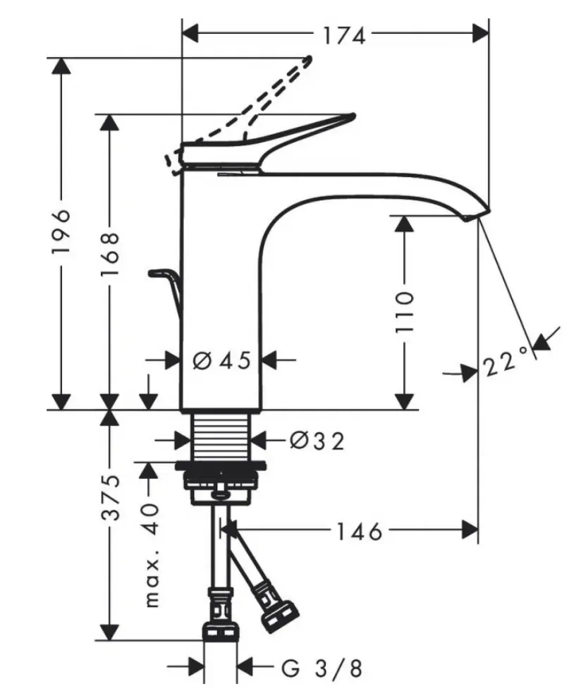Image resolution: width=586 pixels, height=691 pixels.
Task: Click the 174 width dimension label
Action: [x=344, y=35]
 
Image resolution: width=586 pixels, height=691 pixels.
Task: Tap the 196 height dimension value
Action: [x=61, y=231]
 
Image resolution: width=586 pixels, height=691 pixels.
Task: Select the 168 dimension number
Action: [x=110, y=255]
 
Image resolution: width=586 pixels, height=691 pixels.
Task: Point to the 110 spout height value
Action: [x=405, y=312]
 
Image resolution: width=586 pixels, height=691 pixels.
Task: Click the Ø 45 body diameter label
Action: [x=221, y=360]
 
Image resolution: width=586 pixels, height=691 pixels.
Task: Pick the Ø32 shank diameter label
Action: [x=317, y=440]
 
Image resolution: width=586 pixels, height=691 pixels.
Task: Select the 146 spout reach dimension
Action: [x=359, y=532]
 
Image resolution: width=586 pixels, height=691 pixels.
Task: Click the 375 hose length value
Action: [x=110, y=497]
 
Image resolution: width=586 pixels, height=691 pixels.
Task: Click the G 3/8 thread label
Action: [x=322, y=668]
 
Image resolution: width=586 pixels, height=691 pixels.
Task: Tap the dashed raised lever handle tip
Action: [x=310, y=59]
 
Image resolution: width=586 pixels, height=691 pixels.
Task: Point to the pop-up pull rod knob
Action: [x=158, y=274]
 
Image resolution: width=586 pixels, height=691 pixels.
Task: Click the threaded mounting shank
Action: [x=221, y=436]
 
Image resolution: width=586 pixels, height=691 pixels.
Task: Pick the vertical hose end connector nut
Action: [x=221, y=631]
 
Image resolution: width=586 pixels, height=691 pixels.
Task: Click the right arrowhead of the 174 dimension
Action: [x=480, y=33]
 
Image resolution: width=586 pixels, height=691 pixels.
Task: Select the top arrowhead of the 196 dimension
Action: [x=61, y=66]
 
